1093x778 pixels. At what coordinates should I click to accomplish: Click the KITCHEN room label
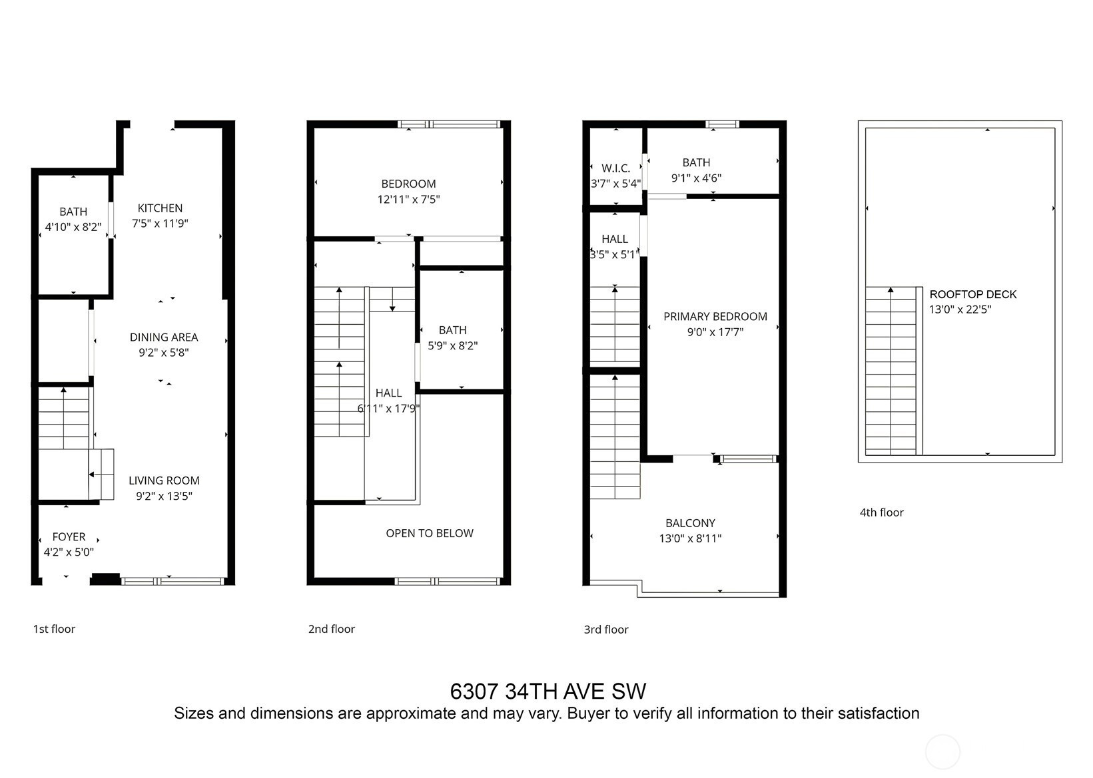coord(160,208)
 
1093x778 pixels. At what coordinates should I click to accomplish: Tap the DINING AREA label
coord(164,337)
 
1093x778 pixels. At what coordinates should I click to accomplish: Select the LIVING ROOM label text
coord(164,481)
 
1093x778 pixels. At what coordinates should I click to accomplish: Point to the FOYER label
coord(69,536)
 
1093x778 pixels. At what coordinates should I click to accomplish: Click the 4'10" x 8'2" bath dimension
coord(73,227)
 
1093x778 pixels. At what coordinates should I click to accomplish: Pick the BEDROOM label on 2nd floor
coord(408,184)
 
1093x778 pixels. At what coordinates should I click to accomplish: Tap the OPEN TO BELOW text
coord(430,533)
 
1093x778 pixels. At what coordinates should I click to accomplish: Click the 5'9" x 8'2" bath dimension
coord(453,345)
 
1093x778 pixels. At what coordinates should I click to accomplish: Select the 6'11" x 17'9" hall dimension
coord(388,409)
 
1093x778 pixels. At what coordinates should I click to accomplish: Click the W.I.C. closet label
coord(616,168)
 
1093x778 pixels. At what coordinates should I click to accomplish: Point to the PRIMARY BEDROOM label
coord(715,317)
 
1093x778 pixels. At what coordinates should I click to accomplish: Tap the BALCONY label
coord(691,523)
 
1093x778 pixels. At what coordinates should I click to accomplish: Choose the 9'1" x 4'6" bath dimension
coord(696,178)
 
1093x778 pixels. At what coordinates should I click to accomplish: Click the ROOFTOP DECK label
coord(973,294)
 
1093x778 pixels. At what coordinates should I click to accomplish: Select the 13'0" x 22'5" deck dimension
coord(960,309)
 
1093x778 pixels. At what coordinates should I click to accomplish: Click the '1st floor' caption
coord(54,629)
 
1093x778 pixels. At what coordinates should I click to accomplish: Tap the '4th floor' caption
coord(882,512)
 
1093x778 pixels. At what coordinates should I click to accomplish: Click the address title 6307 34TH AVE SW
coord(548,691)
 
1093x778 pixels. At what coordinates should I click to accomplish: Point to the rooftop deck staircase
coord(891,371)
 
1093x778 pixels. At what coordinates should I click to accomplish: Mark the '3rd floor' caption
coord(606,630)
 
